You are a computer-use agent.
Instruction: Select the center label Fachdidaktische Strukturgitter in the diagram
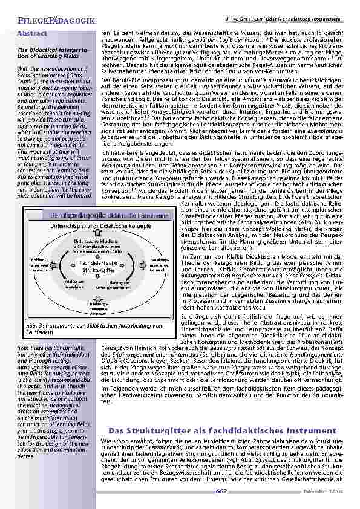click(96, 267)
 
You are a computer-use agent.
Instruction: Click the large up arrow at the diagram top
click(96, 232)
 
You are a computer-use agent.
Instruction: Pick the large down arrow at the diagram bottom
click(96, 297)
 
